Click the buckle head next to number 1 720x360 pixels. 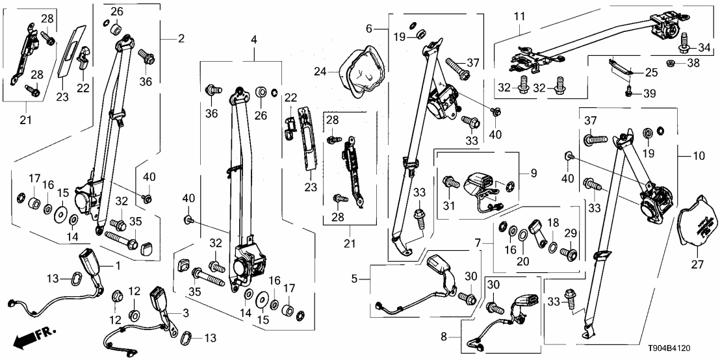tap(88, 261)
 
